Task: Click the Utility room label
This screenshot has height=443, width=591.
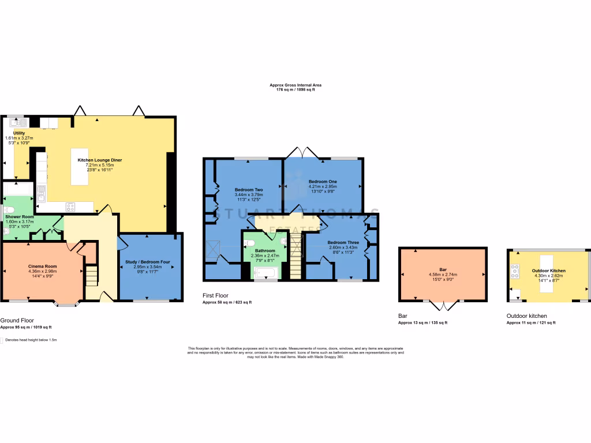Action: [19, 133]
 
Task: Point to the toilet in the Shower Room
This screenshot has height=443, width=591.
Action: [8, 210]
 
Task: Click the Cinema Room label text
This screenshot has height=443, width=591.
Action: [43, 266]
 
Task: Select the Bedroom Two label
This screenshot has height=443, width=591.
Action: [249, 190]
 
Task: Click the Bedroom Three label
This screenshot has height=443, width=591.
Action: [343, 242]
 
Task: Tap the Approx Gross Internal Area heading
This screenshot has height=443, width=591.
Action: [295, 85]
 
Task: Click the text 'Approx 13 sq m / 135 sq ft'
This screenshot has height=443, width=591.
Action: [422, 323]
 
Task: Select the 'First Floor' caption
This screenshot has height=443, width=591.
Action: [215, 296]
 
